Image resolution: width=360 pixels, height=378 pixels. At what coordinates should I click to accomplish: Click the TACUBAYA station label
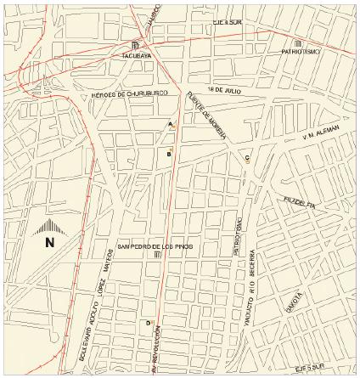point(135,57)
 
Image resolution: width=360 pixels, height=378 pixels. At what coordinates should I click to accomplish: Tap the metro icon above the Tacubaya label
point(136,44)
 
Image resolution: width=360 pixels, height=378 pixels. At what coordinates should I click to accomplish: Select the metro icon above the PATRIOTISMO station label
point(297,43)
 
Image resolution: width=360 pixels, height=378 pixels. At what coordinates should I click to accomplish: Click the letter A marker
point(172,124)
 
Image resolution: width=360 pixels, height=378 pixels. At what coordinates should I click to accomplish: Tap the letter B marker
point(169,155)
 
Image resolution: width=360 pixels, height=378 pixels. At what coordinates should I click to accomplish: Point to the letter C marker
point(247,158)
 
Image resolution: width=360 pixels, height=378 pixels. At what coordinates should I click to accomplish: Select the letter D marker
point(149,324)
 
